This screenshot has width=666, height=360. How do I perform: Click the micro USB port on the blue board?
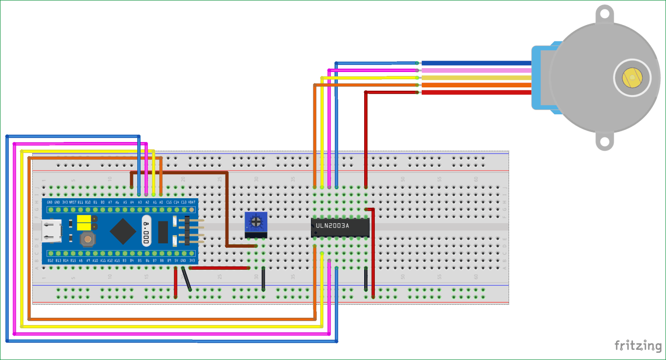50,229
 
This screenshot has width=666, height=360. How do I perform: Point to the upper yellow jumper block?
84,219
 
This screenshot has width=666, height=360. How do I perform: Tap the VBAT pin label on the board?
191,203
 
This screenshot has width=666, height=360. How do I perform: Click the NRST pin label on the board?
72,203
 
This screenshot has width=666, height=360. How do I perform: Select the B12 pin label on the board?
50,260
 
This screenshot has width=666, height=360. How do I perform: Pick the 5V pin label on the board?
176,260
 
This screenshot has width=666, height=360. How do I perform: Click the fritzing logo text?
638,346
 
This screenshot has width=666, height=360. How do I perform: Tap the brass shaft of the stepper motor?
632,77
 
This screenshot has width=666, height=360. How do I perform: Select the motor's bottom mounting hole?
605,142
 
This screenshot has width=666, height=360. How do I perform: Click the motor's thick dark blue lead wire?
475,63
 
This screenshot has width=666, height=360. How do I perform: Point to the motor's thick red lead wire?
475,92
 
